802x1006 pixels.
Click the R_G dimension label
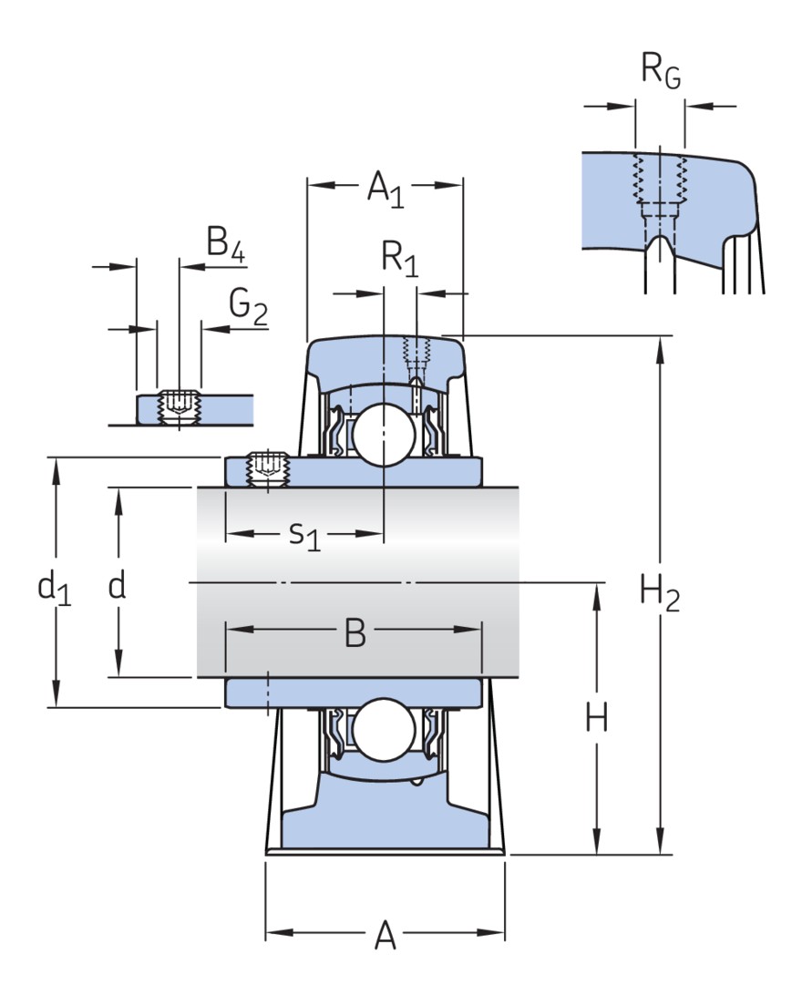(660, 73)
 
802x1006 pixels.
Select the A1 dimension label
(385, 190)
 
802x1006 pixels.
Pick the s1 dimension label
(304, 535)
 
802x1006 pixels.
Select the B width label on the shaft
(355, 633)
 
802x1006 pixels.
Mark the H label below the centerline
(597, 720)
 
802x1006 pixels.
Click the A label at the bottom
(386, 936)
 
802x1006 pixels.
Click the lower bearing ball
(384, 730)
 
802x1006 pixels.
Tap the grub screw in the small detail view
(179, 405)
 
